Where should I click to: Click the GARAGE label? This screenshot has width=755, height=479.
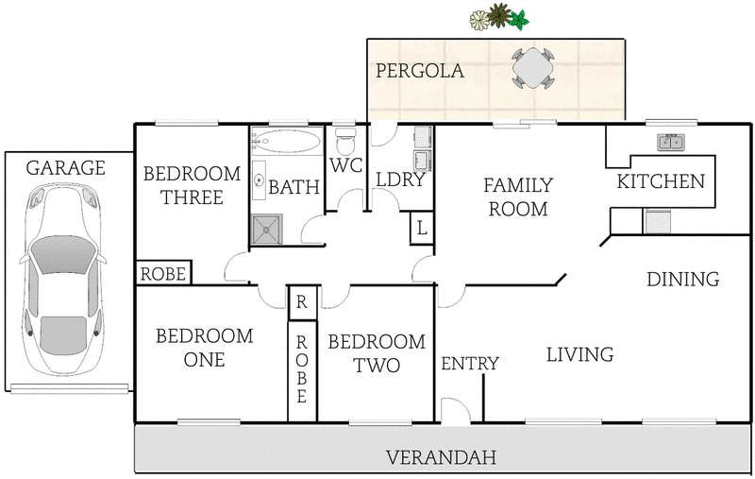coord(65,168)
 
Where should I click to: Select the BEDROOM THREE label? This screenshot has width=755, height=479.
coord(183,185)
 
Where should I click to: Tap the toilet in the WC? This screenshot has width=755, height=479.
coord(345,145)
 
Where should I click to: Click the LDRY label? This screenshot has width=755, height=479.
coord(400,180)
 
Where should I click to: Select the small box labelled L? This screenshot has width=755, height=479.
coord(421,228)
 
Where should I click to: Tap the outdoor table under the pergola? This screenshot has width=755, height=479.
coord(532,68)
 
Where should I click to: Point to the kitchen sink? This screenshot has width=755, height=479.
coord(672,143)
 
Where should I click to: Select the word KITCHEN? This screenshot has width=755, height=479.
coord(661,181)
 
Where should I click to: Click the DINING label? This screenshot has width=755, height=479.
coord(683,279)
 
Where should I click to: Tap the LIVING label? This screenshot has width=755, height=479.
coord(579,354)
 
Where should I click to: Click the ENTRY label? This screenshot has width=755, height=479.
coord(469,364)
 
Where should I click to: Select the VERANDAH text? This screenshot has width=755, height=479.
coord(441,458)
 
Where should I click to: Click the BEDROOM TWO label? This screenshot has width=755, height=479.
coord(377,353)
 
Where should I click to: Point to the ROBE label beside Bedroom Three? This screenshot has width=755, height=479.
coord(164,274)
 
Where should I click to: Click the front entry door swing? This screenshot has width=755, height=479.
coord(454,410)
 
